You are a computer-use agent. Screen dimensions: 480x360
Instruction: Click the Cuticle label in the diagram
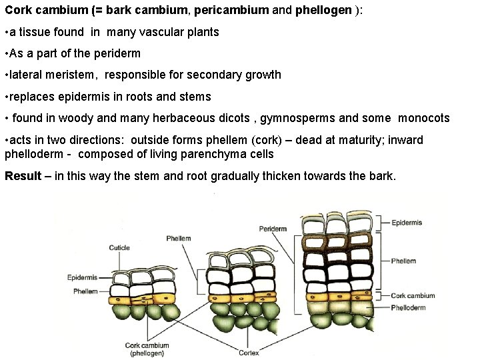coord(119,248)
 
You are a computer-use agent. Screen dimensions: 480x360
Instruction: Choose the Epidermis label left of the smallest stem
coord(83,277)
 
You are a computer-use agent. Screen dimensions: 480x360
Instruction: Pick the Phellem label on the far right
coord(404,261)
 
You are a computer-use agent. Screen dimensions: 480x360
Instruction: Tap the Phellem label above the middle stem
coord(179,238)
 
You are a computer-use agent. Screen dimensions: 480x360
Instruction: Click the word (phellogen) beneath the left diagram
coord(147,353)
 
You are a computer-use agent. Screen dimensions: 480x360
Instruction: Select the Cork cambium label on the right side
coord(413,295)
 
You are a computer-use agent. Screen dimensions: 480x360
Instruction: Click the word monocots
coord(424,118)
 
